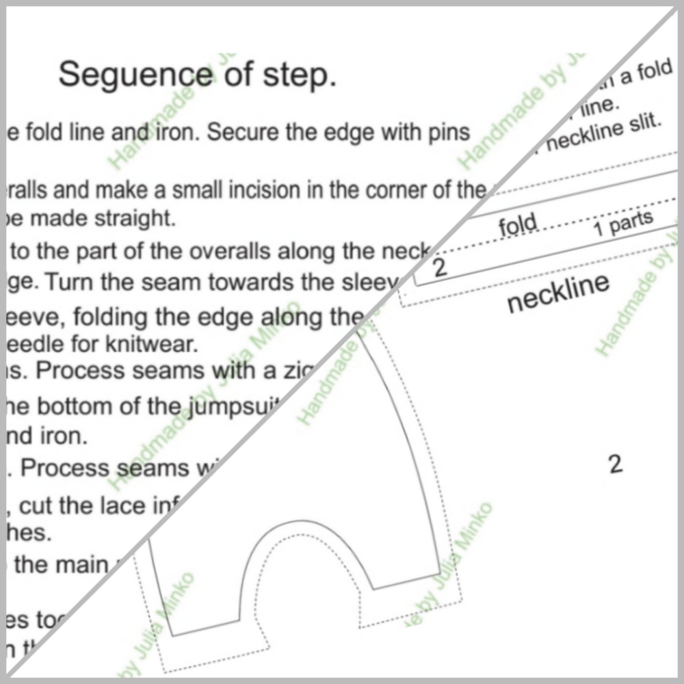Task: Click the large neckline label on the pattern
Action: pos(557,292)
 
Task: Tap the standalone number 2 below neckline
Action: pos(615,465)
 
